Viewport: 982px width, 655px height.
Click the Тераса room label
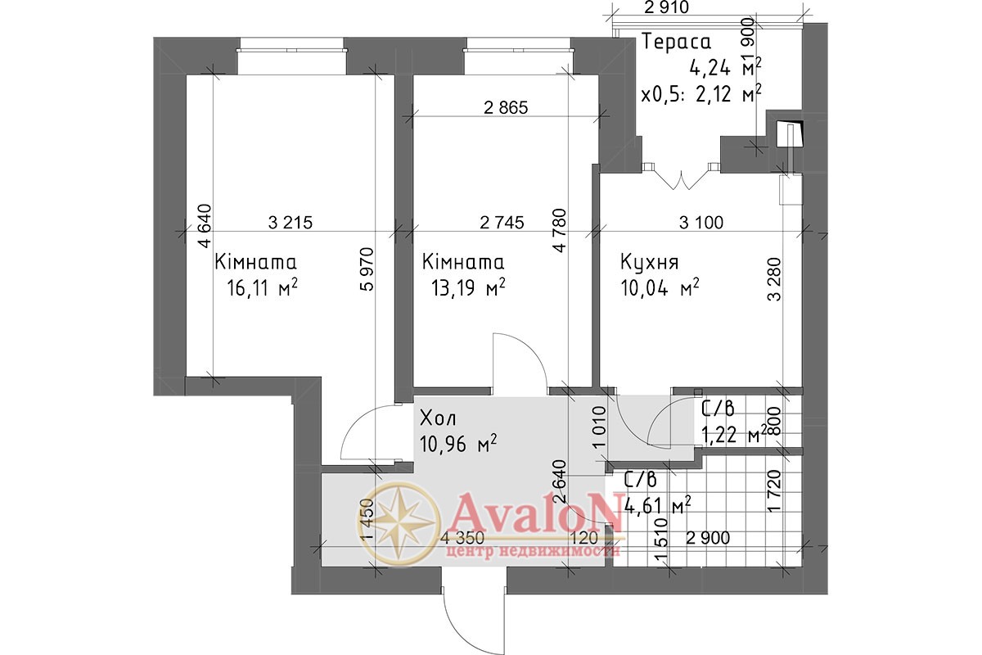pyautogui.click(x=677, y=42)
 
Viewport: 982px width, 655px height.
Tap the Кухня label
pyautogui.click(x=650, y=262)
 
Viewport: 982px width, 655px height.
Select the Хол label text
pyautogui.click(x=438, y=418)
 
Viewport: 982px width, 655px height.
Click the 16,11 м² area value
pyautogui.click(x=263, y=288)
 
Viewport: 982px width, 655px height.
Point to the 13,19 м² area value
pyautogui.click(x=468, y=288)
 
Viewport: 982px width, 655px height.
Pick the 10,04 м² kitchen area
pyautogui.click(x=660, y=288)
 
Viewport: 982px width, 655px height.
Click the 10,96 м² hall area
pyautogui.click(x=458, y=444)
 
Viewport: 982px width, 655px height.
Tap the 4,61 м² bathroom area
pyautogui.click(x=658, y=508)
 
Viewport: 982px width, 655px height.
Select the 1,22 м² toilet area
pyautogui.click(x=734, y=435)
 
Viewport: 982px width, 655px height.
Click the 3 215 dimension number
pyautogui.click(x=291, y=223)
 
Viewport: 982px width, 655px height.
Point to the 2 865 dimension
pyautogui.click(x=506, y=108)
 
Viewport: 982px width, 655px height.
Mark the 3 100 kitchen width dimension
pyautogui.click(x=701, y=223)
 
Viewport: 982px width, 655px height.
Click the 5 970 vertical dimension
pyautogui.click(x=366, y=269)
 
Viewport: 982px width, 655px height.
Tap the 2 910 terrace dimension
pyautogui.click(x=667, y=7)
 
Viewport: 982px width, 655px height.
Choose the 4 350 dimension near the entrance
pyautogui.click(x=463, y=538)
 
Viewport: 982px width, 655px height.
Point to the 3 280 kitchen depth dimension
pyautogui.click(x=775, y=279)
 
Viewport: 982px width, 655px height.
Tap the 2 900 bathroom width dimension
pyautogui.click(x=708, y=538)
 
